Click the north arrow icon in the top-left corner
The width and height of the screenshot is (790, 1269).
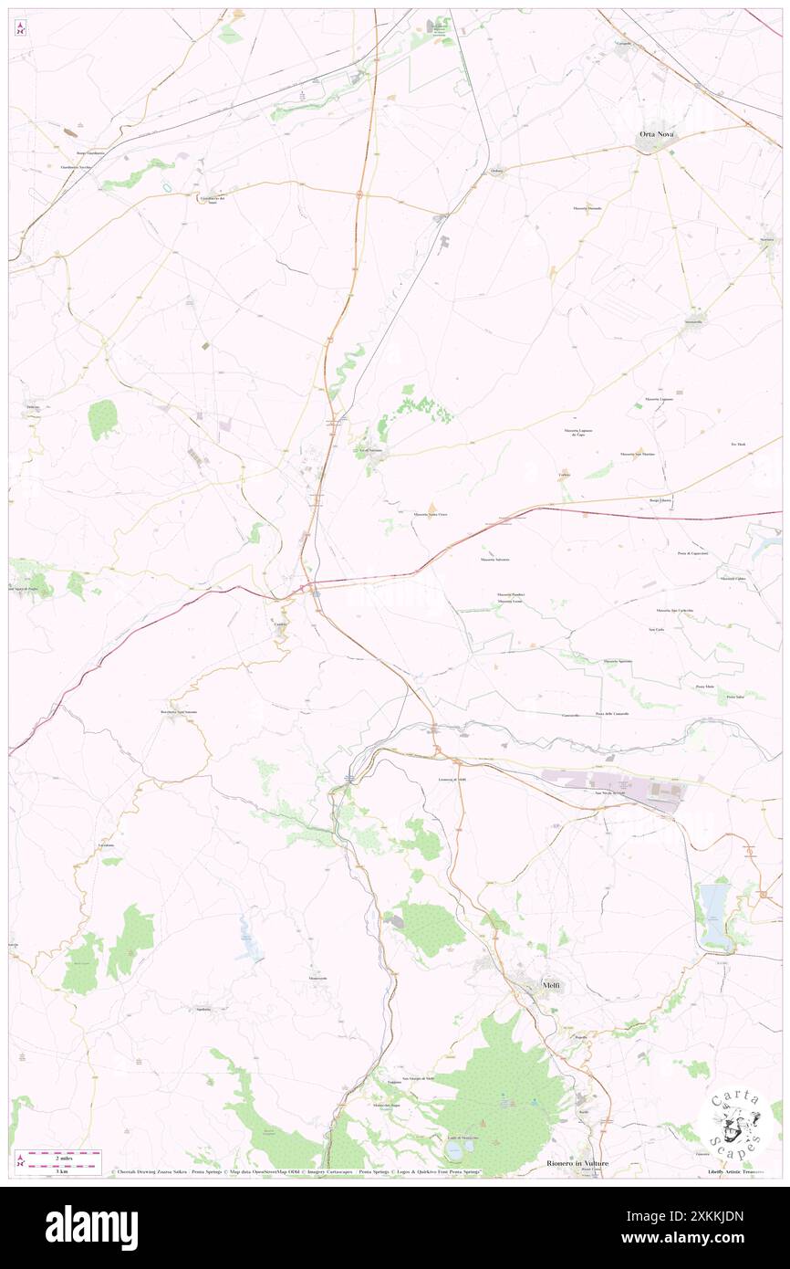(x=21, y=26)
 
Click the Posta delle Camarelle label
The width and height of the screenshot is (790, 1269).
(x=611, y=713)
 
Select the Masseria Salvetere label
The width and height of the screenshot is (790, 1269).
(x=495, y=559)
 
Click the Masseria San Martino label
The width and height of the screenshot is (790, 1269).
(x=639, y=455)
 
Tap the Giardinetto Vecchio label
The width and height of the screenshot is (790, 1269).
(x=76, y=168)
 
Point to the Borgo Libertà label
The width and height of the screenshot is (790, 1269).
(x=660, y=500)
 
